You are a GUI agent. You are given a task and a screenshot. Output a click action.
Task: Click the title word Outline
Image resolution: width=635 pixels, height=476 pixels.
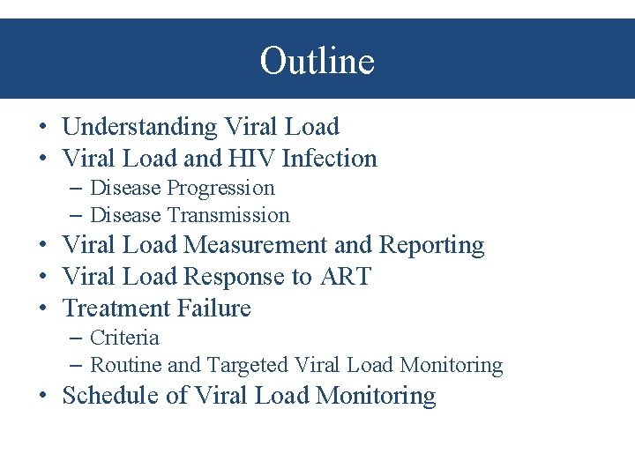[x=317, y=61]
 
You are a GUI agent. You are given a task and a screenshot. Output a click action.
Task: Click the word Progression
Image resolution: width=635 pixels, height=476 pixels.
[x=220, y=188]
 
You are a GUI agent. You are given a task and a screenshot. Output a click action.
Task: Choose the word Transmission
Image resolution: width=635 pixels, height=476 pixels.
[x=228, y=215]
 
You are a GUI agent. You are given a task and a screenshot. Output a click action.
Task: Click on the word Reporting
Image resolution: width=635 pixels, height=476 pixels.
[x=431, y=245]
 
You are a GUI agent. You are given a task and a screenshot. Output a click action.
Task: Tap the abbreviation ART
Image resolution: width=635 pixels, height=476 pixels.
[x=345, y=277]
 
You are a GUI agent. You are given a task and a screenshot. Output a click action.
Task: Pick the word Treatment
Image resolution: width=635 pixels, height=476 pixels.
[x=117, y=309]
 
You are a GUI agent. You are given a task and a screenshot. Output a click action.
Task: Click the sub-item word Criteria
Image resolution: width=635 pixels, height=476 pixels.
[x=124, y=338]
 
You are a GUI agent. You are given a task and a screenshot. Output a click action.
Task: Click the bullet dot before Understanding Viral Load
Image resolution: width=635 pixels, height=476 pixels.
[x=43, y=128]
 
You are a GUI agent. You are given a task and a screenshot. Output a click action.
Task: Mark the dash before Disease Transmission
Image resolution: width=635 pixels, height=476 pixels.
[x=76, y=215]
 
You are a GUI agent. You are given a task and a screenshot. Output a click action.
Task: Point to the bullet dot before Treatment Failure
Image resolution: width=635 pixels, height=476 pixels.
[x=43, y=309]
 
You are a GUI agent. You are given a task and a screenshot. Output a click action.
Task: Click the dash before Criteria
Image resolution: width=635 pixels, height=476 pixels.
[x=76, y=338]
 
